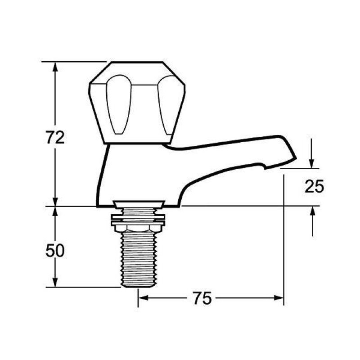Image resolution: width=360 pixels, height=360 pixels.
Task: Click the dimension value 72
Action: tap(55, 137)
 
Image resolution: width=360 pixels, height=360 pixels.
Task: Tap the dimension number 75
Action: tap(202, 298)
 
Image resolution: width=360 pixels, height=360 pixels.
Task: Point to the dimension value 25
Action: tap(314, 186)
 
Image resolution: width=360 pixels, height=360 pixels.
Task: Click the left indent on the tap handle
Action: tap(119, 105)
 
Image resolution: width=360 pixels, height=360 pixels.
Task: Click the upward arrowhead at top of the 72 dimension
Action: tap(55, 67)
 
